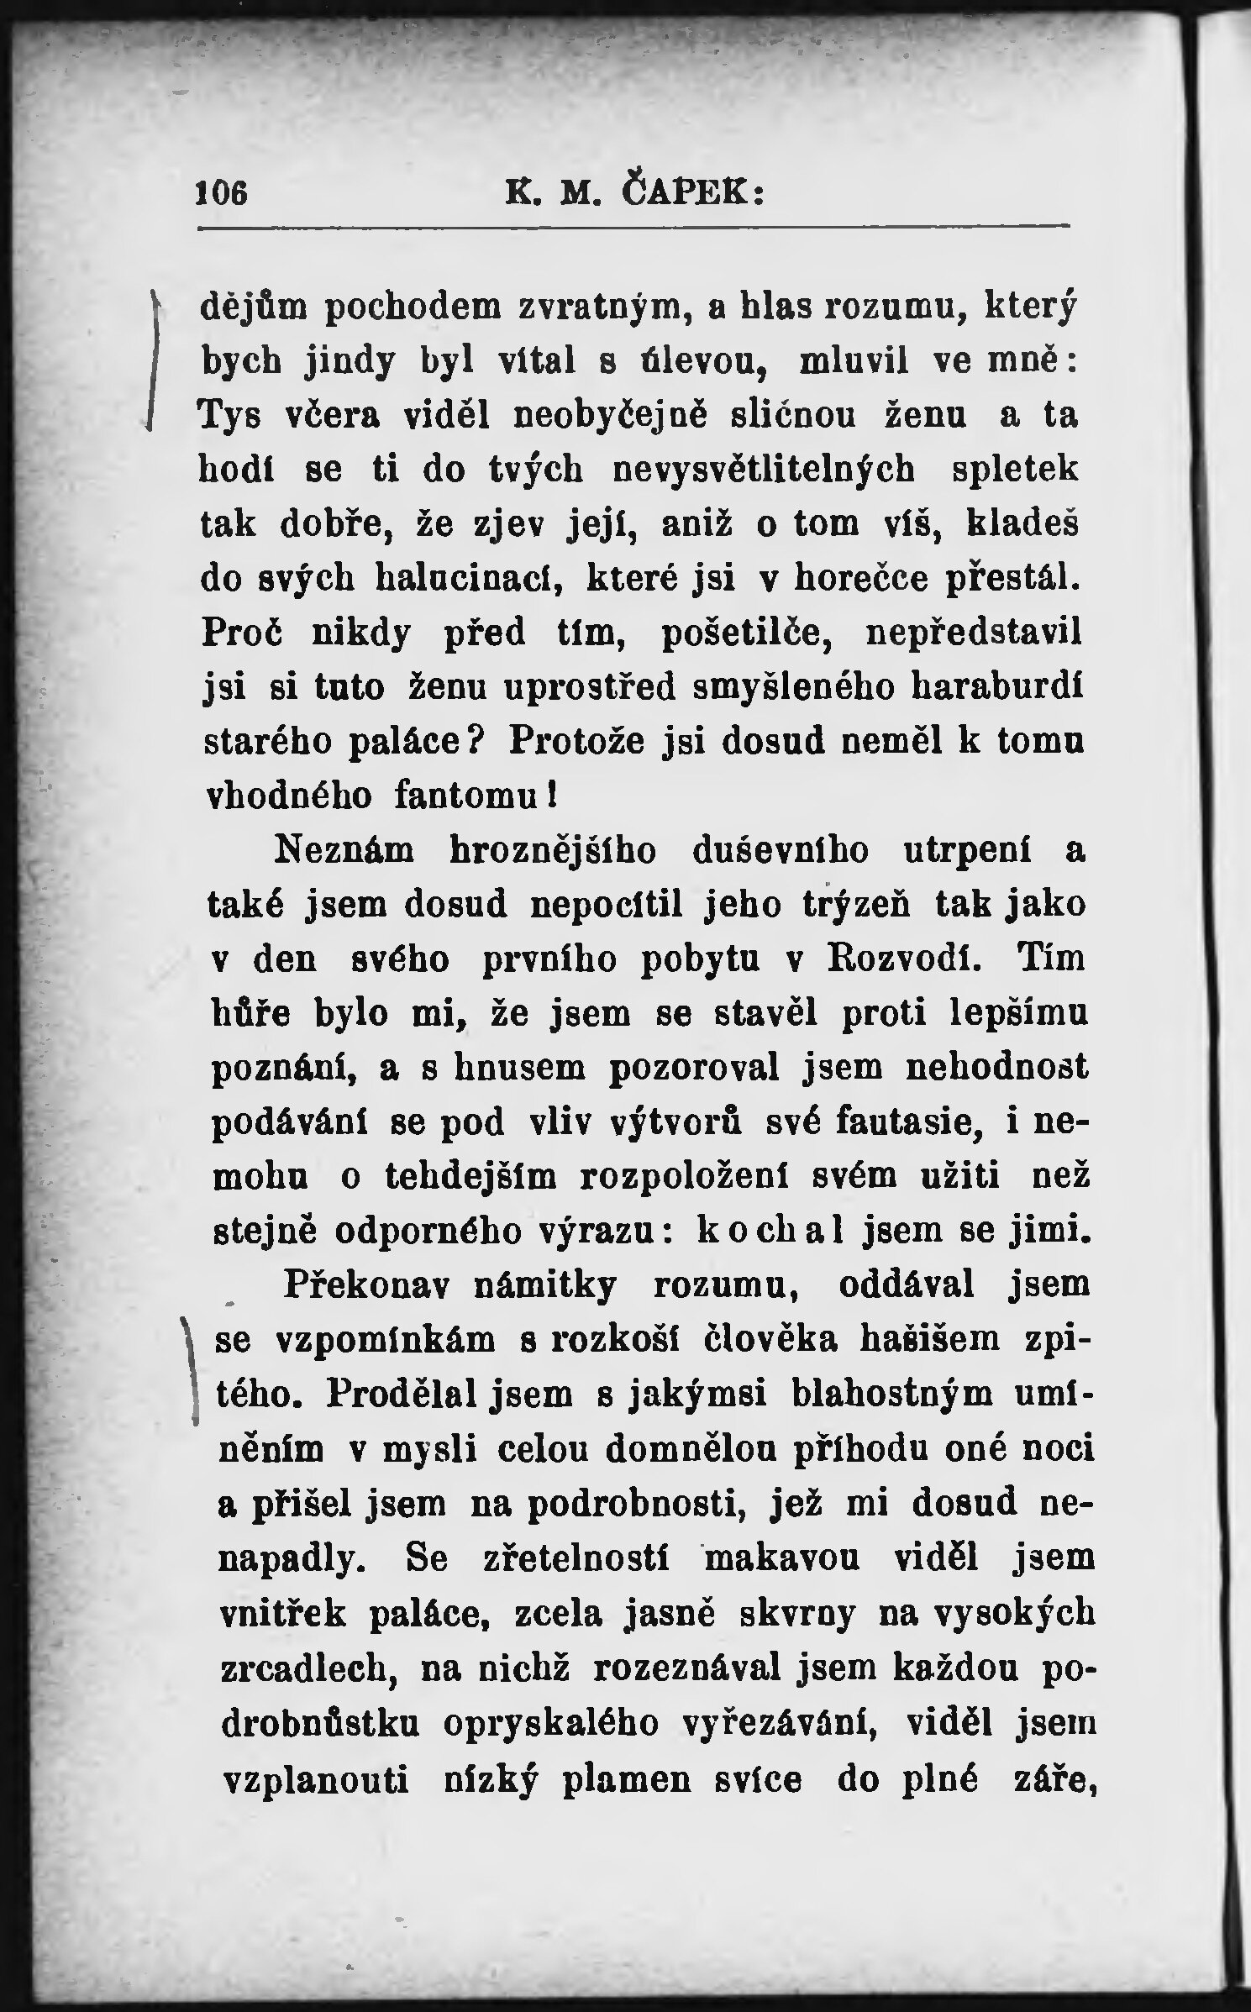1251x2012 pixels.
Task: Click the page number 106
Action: point(222,195)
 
